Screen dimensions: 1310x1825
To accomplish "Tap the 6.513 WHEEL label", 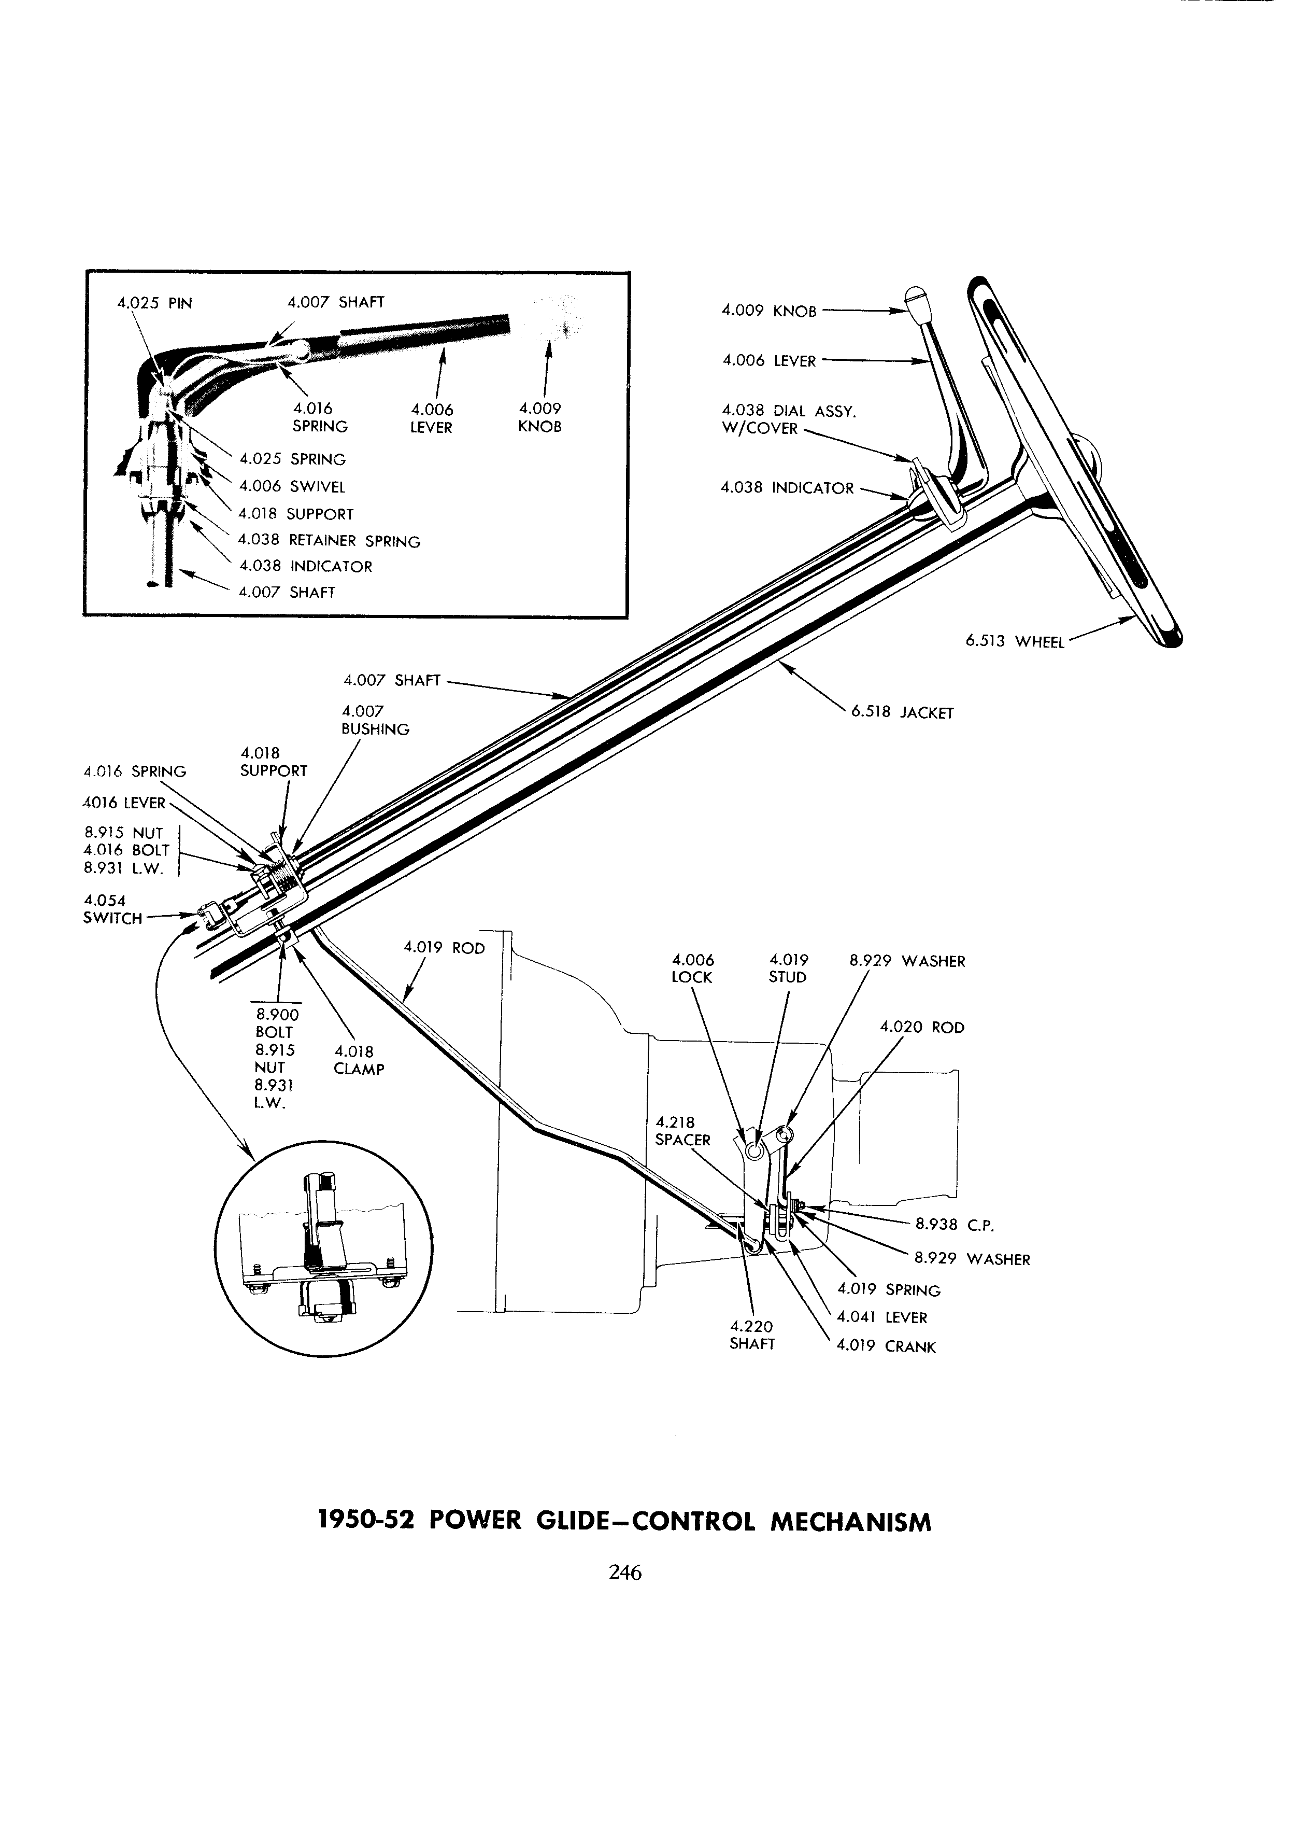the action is point(1015,641).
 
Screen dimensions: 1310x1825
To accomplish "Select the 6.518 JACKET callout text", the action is point(902,712).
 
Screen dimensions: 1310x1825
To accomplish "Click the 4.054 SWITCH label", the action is point(112,909).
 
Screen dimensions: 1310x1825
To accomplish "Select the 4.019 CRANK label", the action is point(886,1346).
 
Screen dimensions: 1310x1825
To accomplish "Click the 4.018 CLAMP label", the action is point(359,1061).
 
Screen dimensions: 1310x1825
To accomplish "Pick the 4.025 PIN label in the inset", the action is point(154,303).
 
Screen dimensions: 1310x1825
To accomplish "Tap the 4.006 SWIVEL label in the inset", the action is point(292,486).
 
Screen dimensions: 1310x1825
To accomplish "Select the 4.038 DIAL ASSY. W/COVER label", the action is point(788,419).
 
